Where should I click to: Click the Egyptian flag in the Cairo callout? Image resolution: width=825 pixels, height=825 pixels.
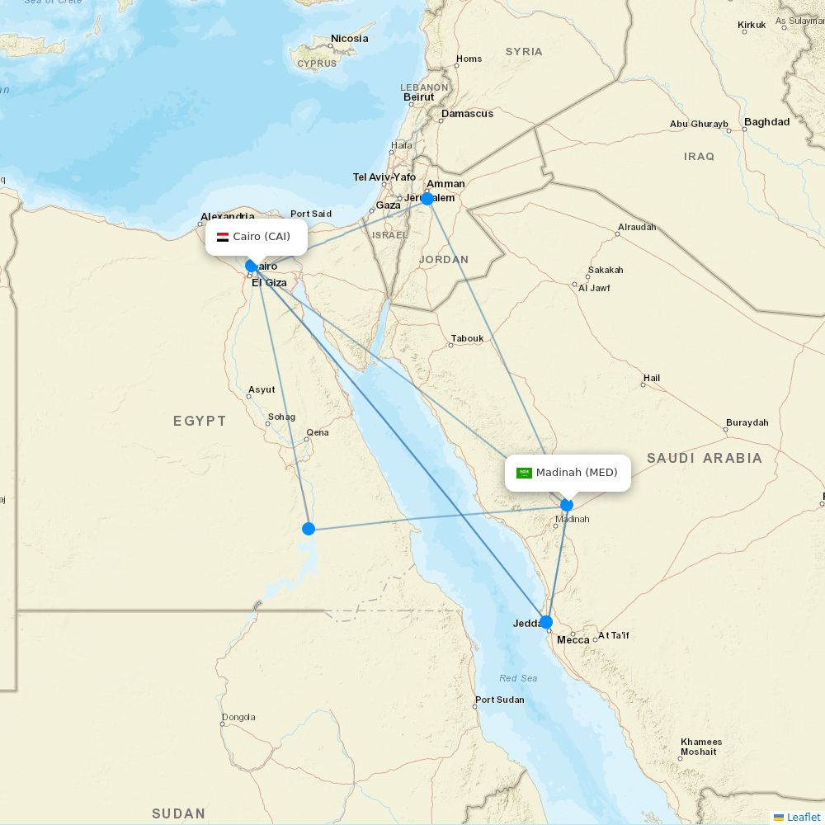click(223, 237)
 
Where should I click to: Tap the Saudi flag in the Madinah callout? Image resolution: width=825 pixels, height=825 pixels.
click(524, 473)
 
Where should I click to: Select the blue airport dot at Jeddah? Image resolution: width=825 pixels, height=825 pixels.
click(546, 622)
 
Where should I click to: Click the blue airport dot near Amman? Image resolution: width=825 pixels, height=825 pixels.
click(427, 199)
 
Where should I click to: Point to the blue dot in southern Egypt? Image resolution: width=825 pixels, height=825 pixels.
click(309, 528)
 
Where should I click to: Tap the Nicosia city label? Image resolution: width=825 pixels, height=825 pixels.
click(349, 39)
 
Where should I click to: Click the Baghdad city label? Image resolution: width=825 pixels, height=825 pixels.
click(766, 122)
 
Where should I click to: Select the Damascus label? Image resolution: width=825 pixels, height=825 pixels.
click(467, 114)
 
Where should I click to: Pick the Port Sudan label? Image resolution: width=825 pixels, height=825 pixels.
click(499, 700)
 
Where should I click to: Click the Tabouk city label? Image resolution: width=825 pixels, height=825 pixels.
click(467, 339)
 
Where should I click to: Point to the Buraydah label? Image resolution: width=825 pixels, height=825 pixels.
click(747, 422)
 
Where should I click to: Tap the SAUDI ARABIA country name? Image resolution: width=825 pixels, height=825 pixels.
click(704, 458)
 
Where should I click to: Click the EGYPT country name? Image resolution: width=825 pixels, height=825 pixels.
click(200, 422)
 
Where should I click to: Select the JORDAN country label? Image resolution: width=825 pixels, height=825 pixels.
click(444, 260)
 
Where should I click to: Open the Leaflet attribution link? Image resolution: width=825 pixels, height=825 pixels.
click(803, 817)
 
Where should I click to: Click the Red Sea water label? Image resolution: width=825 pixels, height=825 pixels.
click(518, 678)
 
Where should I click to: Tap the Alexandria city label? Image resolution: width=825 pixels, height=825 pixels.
click(227, 217)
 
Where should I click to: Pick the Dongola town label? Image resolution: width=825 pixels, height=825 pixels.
click(238, 717)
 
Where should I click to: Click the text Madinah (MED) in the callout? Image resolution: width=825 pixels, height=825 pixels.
click(577, 473)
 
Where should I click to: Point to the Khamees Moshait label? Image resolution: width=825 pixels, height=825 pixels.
click(700, 747)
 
